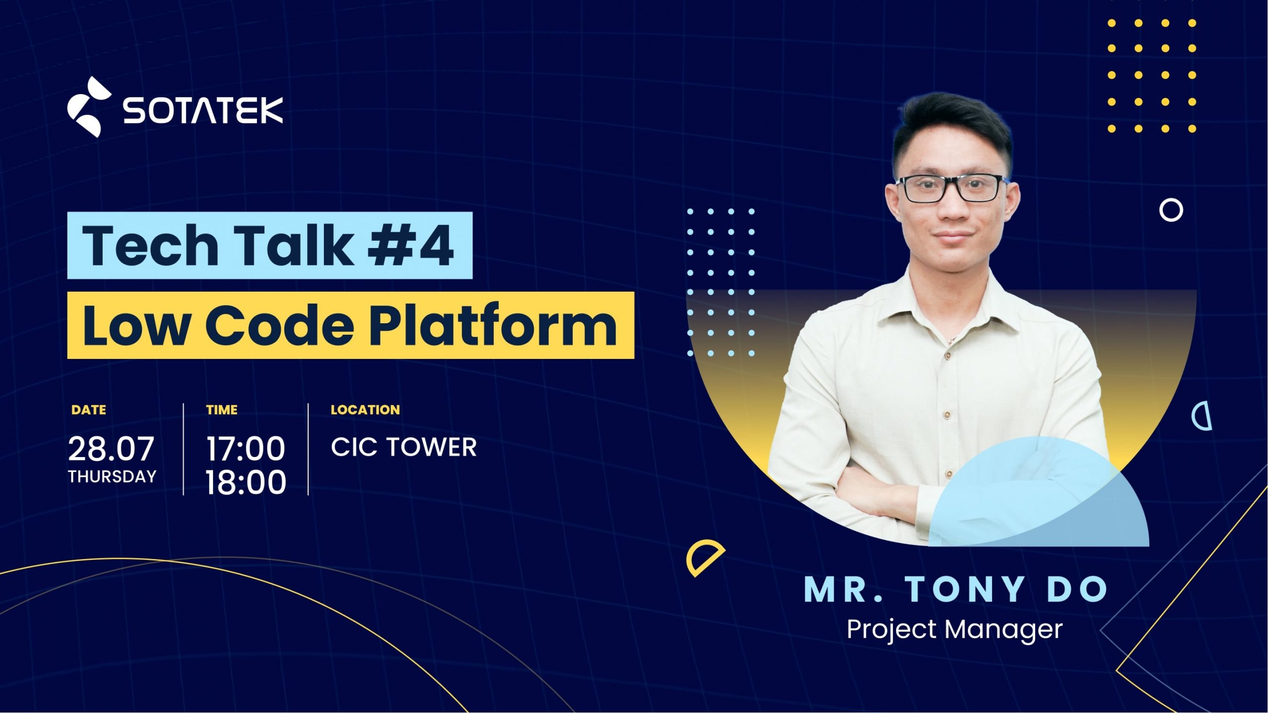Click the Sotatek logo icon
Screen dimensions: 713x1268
[88, 107]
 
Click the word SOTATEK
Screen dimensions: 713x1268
[203, 110]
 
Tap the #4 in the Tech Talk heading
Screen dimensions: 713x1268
[411, 246]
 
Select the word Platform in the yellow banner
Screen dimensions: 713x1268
[493, 325]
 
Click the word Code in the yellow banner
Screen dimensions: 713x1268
[279, 325]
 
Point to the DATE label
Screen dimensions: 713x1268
[89, 410]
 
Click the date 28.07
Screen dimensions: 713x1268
[111, 449]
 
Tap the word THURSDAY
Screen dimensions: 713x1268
[112, 476]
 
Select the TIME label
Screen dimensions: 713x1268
[222, 410]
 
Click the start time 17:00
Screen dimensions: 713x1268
[246, 449]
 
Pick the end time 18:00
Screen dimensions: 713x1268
[246, 482]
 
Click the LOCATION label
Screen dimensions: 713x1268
[365, 410]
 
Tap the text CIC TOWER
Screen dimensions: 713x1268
[404, 447]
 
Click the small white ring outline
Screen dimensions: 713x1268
[1171, 210]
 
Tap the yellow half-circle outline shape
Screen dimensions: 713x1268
[703, 558]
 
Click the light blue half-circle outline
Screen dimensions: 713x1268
[1203, 417]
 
